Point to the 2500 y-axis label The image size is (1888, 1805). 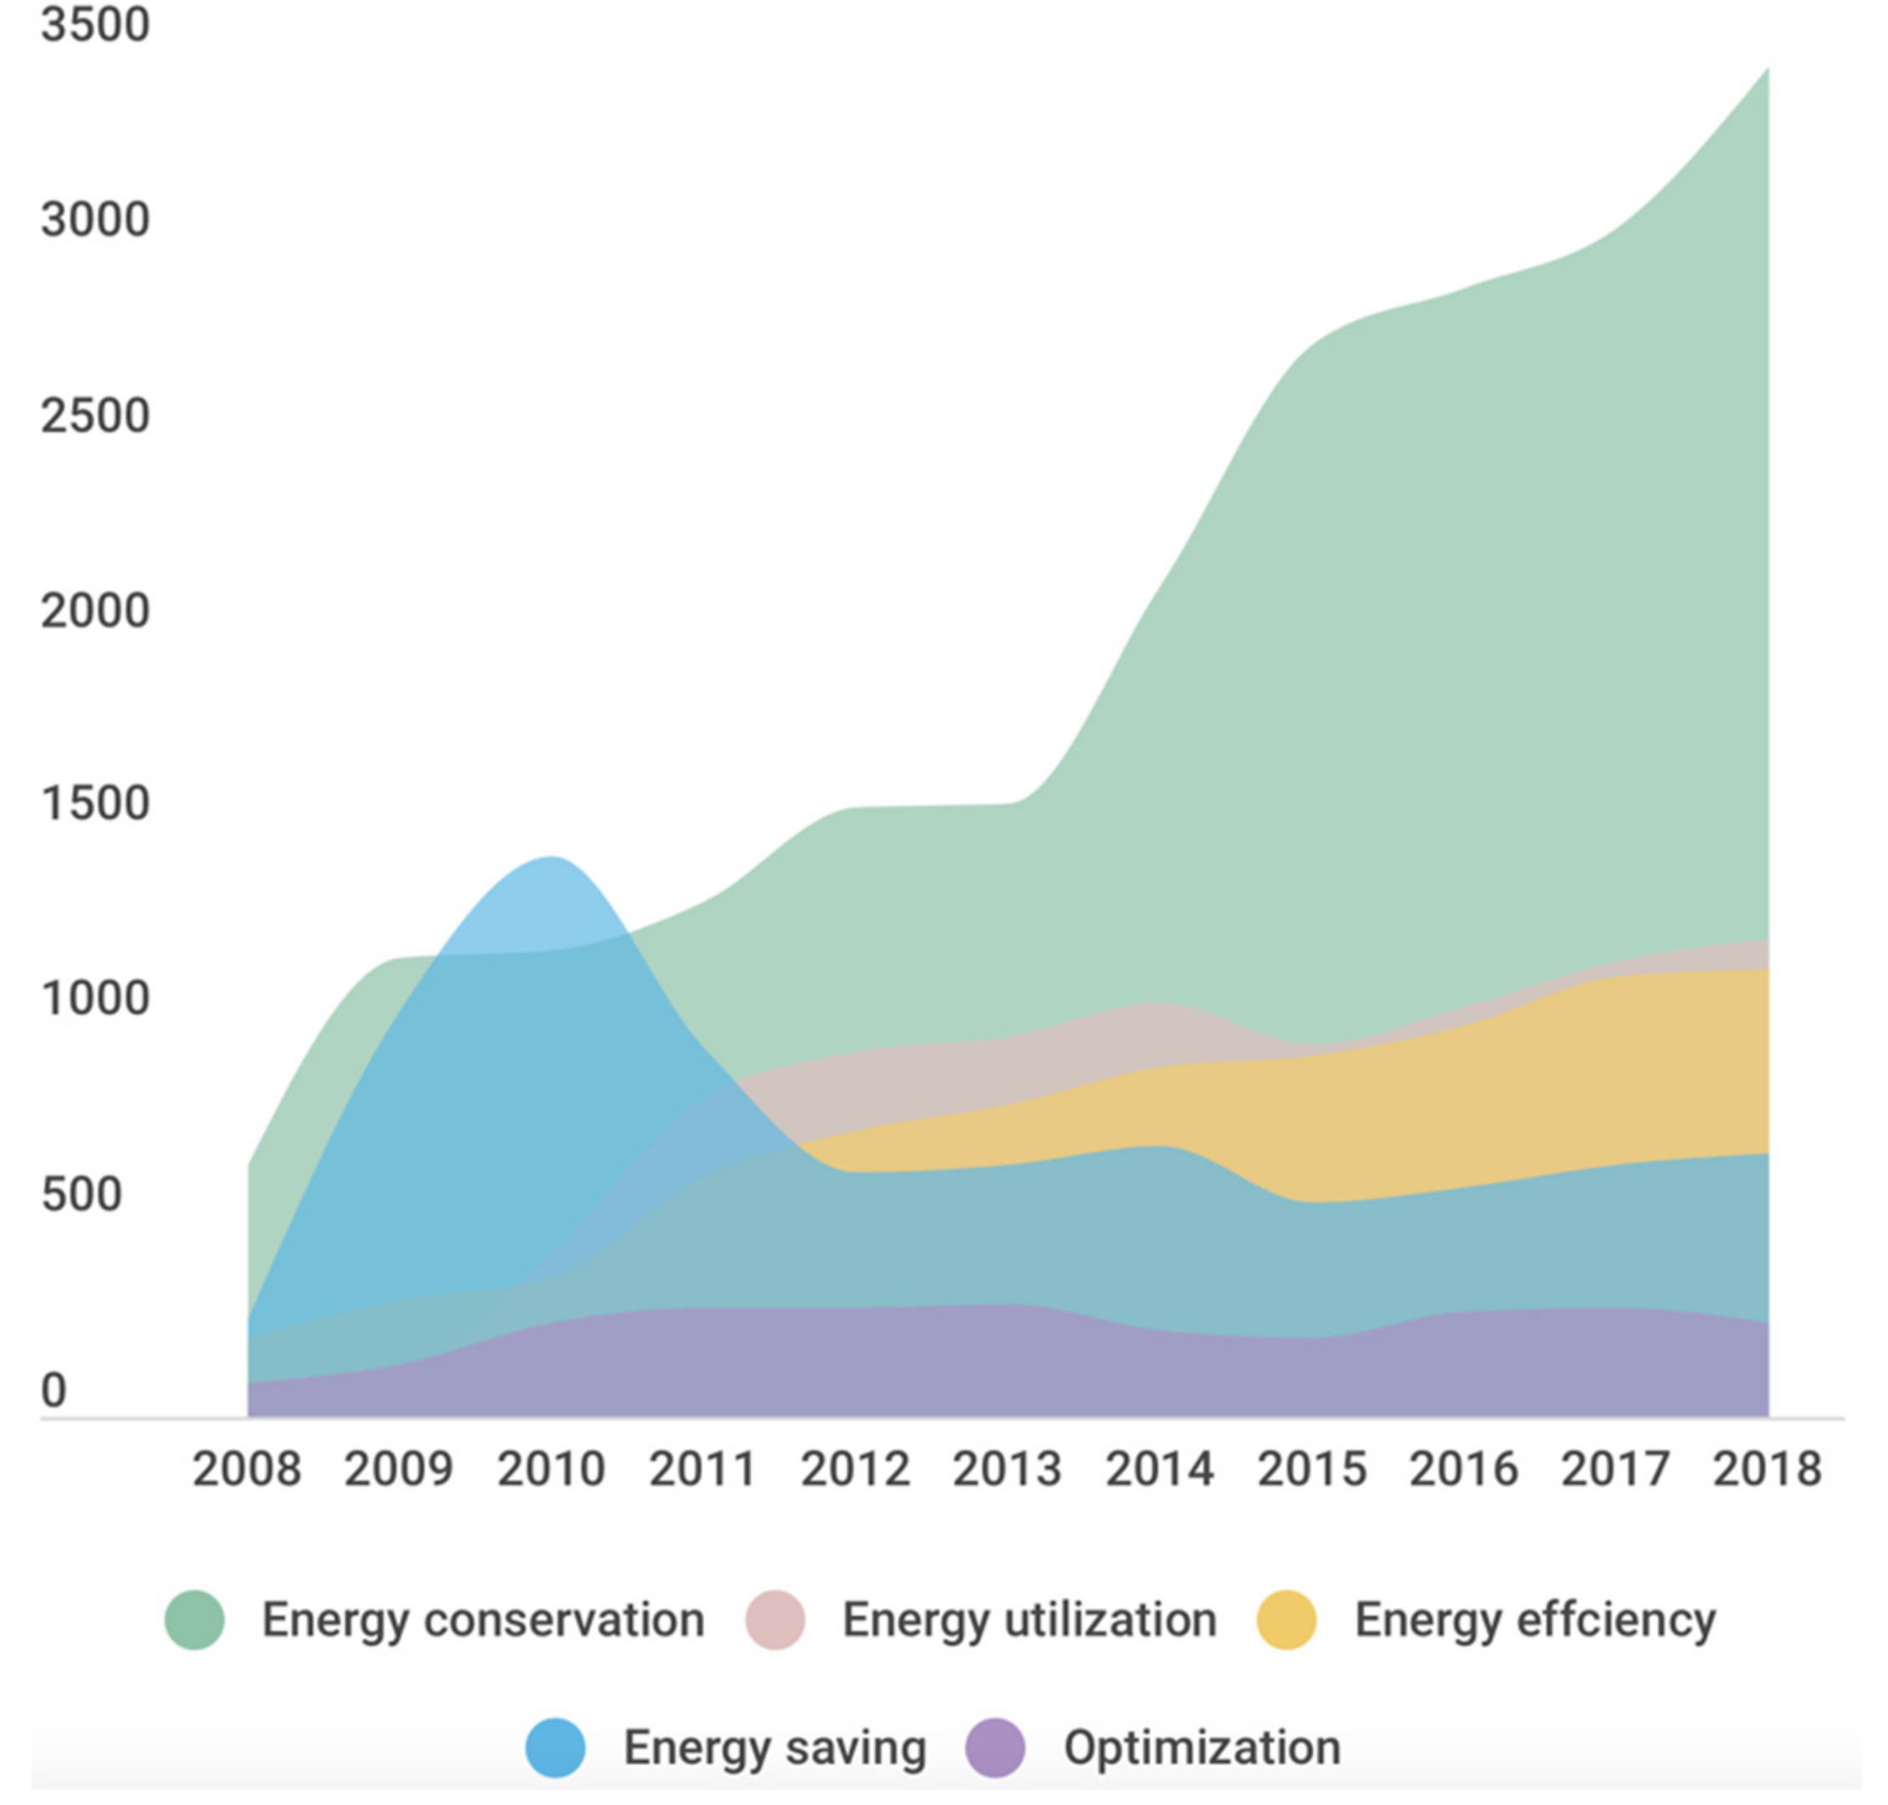[x=95, y=417]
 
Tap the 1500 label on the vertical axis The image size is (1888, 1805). [x=95, y=805]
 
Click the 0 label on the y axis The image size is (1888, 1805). [x=54, y=1390]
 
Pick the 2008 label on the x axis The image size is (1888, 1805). [x=246, y=1470]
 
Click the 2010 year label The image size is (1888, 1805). [x=550, y=1470]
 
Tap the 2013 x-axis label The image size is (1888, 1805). [x=1006, y=1470]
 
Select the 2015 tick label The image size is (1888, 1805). [x=1311, y=1470]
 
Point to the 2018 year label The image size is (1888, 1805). [x=1767, y=1470]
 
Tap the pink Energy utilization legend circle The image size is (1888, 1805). [x=775, y=1620]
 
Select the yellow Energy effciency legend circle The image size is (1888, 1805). [x=1287, y=1620]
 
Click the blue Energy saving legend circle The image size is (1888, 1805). [x=555, y=1748]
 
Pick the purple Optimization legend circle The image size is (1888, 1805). [x=995, y=1748]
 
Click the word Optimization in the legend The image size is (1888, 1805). [x=1202, y=1748]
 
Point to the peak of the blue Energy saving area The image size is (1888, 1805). [x=551, y=858]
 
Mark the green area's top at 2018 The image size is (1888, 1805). [x=1767, y=69]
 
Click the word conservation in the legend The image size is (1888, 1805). [x=564, y=1620]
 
